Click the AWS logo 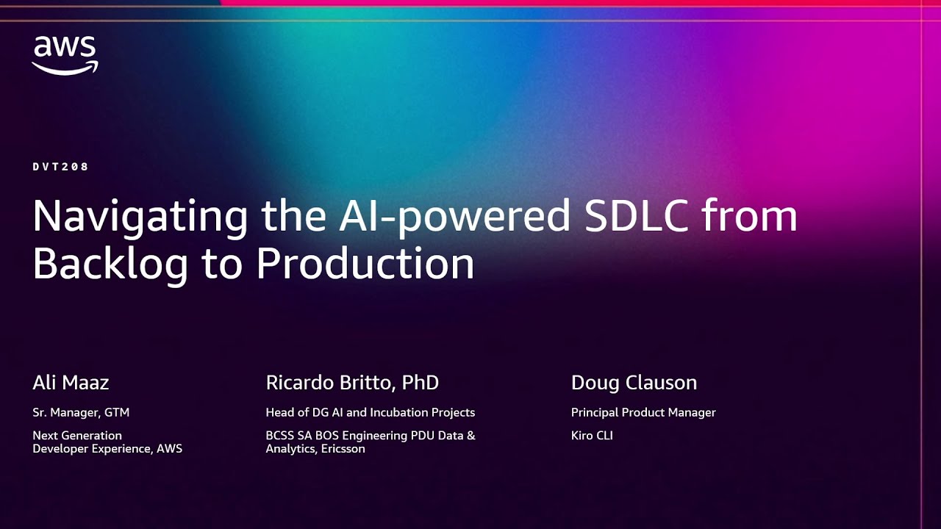pos(65,56)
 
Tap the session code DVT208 pos(61,167)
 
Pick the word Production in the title pos(365,264)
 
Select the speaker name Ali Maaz pos(71,383)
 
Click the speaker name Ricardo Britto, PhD pos(352,383)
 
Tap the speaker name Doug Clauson pos(634,383)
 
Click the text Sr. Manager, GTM pos(81,413)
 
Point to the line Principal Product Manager pos(643,413)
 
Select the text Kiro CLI pos(592,436)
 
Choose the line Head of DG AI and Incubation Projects pos(370,413)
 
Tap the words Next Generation pos(77,436)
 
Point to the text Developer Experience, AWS pos(107,448)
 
